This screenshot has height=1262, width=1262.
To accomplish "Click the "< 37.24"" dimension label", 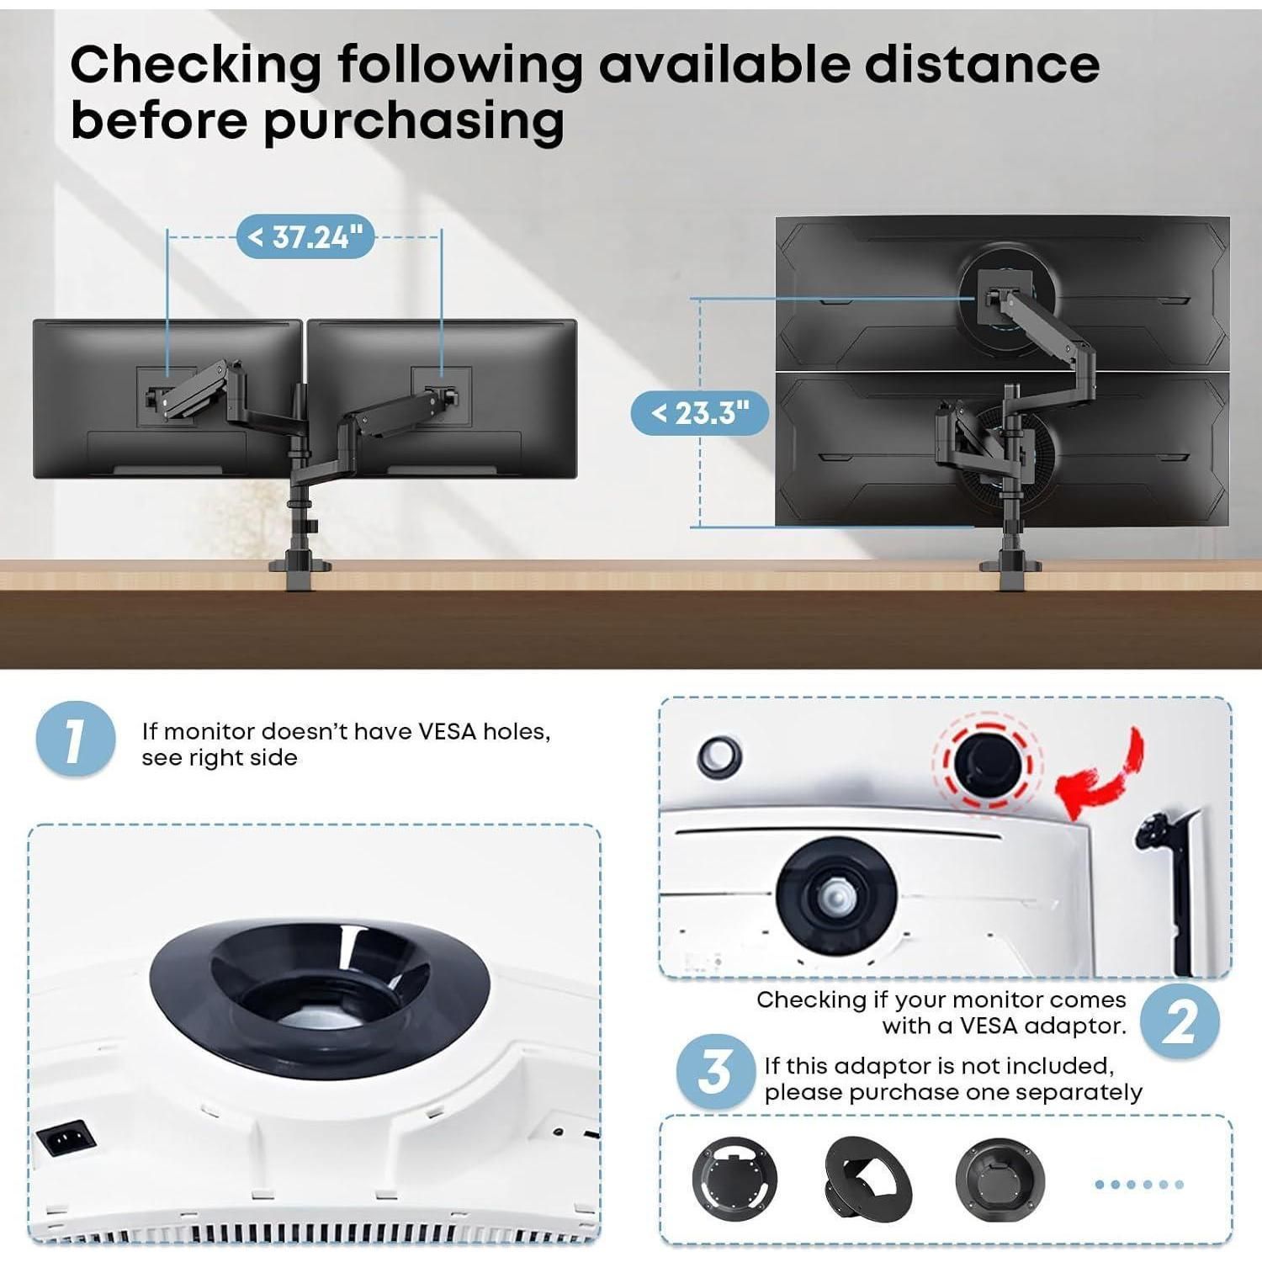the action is click(305, 237).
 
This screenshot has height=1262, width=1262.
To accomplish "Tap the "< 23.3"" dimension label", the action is click(700, 413).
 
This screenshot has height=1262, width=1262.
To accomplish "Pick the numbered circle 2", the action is click(1180, 1021).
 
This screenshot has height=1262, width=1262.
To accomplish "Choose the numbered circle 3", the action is click(715, 1073).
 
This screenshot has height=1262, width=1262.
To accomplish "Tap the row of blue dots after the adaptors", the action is click(1139, 1185).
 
